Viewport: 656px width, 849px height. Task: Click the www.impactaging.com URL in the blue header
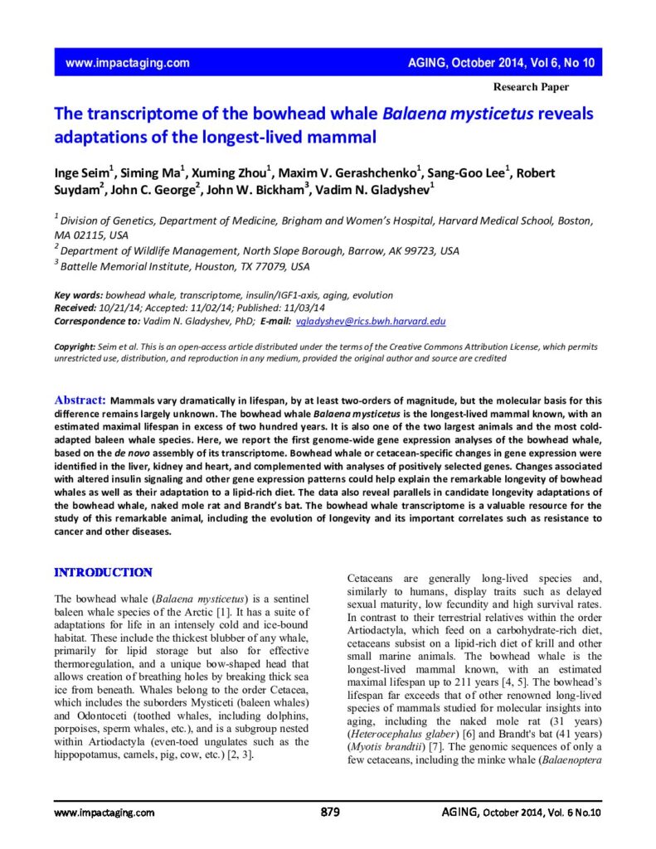pos(127,63)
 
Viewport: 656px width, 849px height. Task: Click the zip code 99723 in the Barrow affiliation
pos(415,250)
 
